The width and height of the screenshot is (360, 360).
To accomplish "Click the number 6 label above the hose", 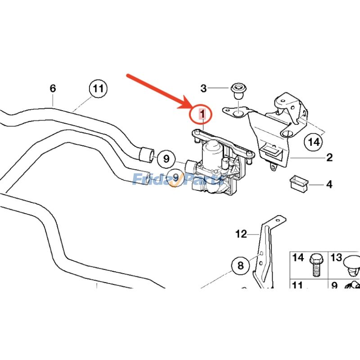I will tap(53, 88).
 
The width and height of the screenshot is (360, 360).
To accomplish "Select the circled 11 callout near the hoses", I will tap(98, 89).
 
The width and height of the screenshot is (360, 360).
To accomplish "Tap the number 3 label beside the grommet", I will tap(203, 89).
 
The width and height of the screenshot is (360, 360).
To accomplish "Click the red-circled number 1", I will tap(202, 114).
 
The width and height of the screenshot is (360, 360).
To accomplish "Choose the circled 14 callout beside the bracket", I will tap(313, 142).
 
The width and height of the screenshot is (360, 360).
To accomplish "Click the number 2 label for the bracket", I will tap(329, 157).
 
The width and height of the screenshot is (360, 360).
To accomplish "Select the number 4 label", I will tap(329, 184).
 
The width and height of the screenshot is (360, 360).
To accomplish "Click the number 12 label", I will tap(241, 234).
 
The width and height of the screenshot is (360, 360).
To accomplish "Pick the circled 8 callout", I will tap(240, 265).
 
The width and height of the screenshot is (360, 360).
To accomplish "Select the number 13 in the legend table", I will tap(337, 257).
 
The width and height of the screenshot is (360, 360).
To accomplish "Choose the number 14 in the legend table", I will tap(298, 257).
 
